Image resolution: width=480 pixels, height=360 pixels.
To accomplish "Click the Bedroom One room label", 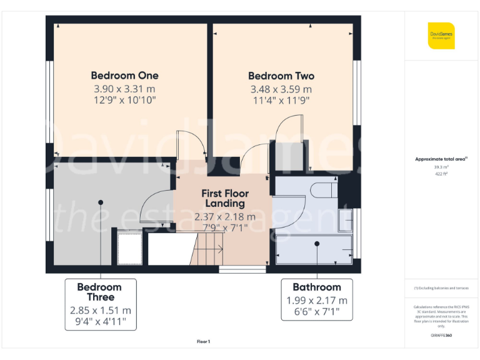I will (125, 76).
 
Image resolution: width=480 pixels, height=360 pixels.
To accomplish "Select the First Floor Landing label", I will (223, 199).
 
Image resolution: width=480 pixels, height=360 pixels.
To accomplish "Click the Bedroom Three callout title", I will (99, 292).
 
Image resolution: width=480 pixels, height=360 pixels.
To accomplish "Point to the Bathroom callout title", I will (317, 287).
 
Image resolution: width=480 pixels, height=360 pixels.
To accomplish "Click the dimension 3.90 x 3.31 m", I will (125, 89).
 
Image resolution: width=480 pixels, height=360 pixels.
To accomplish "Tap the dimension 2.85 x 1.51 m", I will (100, 310).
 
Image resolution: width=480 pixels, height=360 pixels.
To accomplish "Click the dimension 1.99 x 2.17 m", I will (317, 301).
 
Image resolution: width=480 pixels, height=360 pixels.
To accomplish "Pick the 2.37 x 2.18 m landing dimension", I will (225, 217).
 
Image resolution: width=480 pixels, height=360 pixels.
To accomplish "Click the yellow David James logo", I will (441, 36).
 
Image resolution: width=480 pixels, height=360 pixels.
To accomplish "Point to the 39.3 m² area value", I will (441, 167).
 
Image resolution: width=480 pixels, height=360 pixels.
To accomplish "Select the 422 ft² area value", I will (441, 174).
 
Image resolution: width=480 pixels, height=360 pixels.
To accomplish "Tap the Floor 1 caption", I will (203, 341).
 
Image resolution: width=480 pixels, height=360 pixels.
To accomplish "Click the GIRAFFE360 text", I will (441, 336).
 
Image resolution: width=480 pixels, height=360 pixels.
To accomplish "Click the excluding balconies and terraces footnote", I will (441, 287).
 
